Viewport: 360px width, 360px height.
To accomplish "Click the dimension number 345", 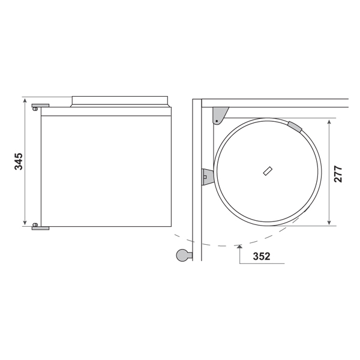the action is click(19, 161).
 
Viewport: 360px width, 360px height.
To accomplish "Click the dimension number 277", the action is click(338, 174).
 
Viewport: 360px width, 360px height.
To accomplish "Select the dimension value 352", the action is click(262, 256).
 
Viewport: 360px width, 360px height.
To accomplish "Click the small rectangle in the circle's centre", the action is click(268, 171).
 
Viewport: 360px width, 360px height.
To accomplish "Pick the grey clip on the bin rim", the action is click(295, 127).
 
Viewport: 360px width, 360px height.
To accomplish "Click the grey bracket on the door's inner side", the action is click(208, 177).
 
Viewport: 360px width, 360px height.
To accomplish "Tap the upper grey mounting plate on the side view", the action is click(40, 106).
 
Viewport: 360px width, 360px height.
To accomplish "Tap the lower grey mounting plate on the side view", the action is click(40, 228).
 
